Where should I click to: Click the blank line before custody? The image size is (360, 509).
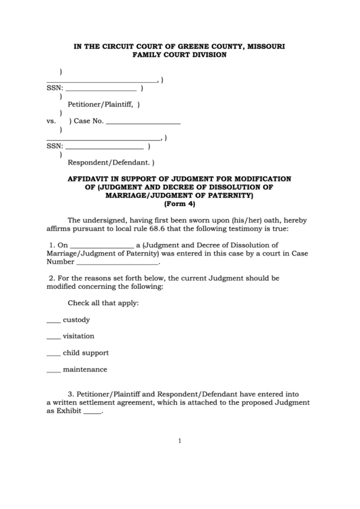(53, 321)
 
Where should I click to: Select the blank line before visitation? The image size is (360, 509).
(53, 337)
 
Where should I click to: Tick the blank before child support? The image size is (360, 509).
(53, 354)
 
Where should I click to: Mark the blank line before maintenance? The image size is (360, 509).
(53, 370)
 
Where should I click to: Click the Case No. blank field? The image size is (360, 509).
(143, 122)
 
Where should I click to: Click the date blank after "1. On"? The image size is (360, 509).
(102, 246)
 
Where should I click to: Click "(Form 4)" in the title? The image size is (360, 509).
(179, 204)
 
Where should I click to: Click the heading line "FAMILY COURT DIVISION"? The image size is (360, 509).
(179, 55)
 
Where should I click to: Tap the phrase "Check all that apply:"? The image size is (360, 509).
(103, 302)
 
